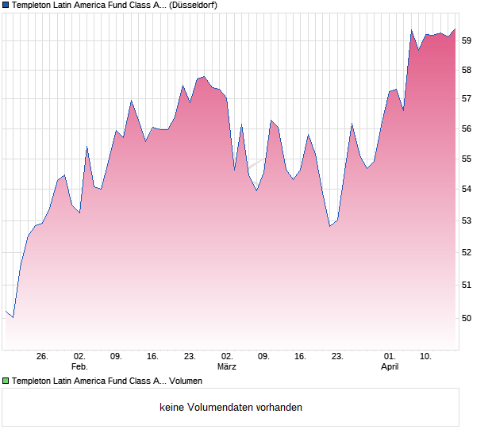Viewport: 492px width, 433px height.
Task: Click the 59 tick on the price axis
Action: [x=467, y=40]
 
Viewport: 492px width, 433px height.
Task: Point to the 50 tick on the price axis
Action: [x=467, y=318]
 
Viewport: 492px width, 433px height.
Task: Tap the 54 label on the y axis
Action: [x=467, y=190]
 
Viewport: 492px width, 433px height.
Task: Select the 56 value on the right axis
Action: [x=467, y=129]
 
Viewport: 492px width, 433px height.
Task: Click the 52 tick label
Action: [x=467, y=253]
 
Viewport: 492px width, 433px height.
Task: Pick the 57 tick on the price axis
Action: [x=467, y=99]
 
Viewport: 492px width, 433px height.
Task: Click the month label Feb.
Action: [x=79, y=367]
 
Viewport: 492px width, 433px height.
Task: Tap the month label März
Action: [x=227, y=367]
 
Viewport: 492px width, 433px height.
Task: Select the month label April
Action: [x=390, y=367]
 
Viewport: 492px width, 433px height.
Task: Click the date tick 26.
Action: [x=42, y=357]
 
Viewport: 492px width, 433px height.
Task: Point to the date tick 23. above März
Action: [x=190, y=357]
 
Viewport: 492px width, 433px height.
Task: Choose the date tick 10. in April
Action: [x=426, y=357]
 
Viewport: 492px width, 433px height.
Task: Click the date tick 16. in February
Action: [x=153, y=357]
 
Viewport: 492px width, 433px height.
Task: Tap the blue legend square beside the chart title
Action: [x=6, y=5]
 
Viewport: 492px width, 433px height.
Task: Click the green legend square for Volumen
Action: [x=6, y=381]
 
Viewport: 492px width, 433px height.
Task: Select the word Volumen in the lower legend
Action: [x=186, y=381]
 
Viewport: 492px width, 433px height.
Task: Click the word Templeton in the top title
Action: [x=32, y=5]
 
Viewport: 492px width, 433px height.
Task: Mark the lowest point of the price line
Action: [x=13, y=317]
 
